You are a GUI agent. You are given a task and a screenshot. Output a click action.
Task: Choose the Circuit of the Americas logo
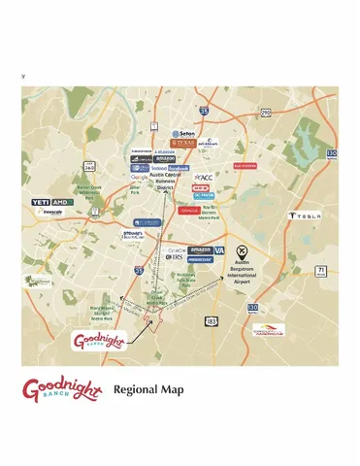pyautogui.click(x=270, y=330)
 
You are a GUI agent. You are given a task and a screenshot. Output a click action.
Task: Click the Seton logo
pyautogui.click(x=183, y=133)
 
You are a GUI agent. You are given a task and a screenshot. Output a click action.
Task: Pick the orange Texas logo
pyautogui.click(x=182, y=143)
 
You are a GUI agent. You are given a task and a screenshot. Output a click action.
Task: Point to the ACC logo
pyautogui.click(x=204, y=178)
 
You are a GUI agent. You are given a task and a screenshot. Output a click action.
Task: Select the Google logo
pyautogui.click(x=140, y=178)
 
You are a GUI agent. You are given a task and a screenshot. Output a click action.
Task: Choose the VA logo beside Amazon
pyautogui.click(x=218, y=250)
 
